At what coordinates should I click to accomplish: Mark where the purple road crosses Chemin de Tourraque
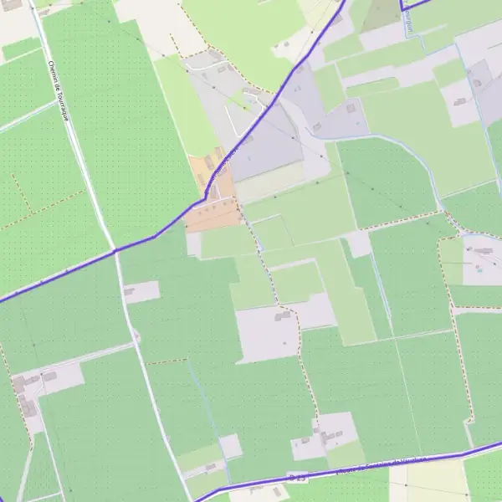pyautogui.click(x=115, y=249)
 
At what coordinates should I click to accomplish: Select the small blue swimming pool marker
pyautogui.click(x=479, y=269)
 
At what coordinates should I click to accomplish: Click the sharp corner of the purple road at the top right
pyautogui.click(x=402, y=9)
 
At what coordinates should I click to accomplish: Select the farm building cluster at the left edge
pyautogui.click(x=25, y=393)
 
